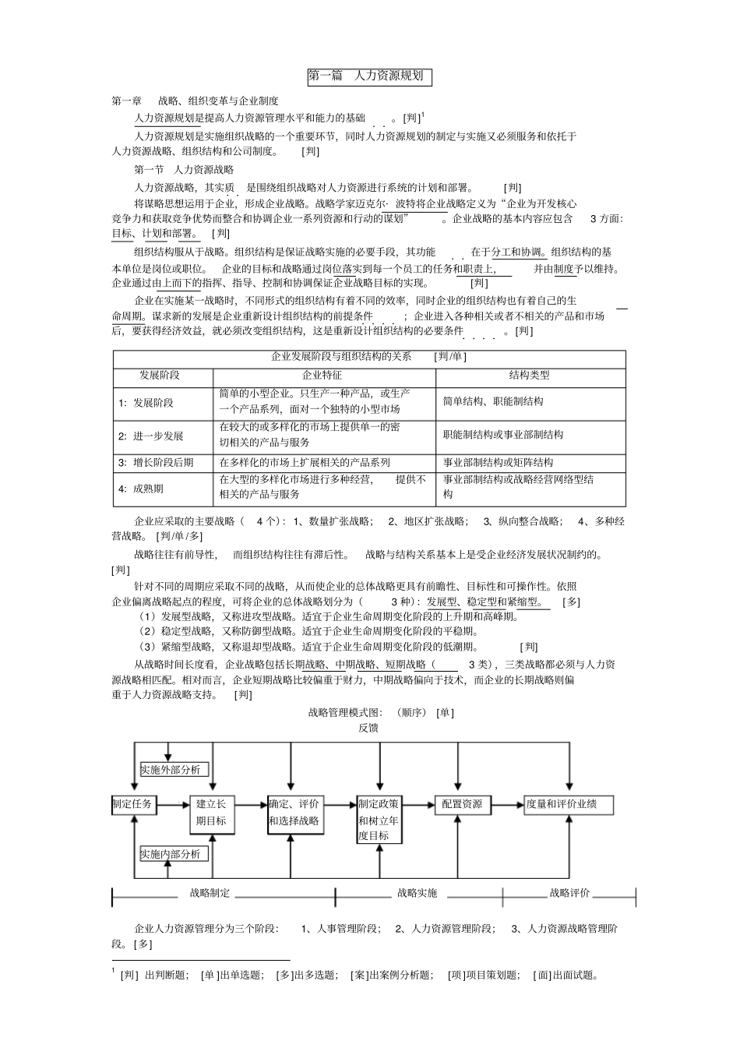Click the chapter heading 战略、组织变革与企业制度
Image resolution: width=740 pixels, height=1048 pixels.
[x=218, y=101]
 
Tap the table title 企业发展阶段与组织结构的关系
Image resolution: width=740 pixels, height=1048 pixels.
[x=341, y=357]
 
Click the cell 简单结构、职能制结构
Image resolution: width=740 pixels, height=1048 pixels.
[x=493, y=401]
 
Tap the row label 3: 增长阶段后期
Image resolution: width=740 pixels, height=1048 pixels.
[x=156, y=462]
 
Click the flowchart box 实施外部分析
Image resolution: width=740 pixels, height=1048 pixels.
[x=171, y=770]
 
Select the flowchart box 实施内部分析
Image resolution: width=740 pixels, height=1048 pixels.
[x=171, y=854]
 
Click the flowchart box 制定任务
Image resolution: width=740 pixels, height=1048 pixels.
[x=133, y=804]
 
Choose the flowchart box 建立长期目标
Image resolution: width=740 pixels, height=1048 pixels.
[x=212, y=813]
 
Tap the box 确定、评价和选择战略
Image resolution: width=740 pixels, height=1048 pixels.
[x=294, y=813]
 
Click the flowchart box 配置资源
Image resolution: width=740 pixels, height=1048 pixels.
[x=462, y=804]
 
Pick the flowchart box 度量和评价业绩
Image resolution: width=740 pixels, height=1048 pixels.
[x=569, y=804]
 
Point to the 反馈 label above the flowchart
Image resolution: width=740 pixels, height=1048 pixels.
[x=368, y=728]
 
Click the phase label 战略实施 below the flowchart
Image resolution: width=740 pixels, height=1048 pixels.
[x=417, y=893]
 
